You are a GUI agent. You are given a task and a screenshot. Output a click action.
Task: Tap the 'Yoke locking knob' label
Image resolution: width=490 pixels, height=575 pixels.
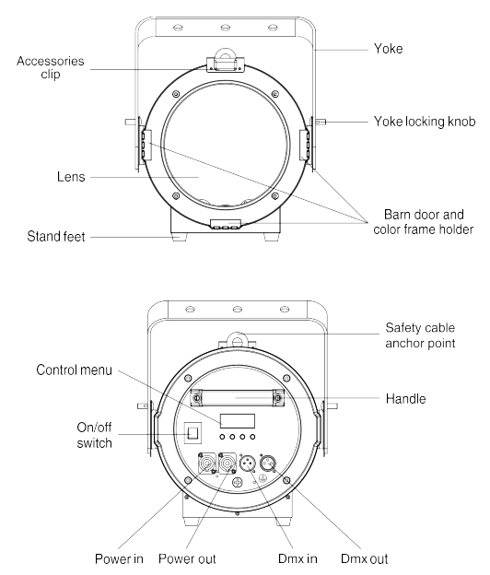[415, 121]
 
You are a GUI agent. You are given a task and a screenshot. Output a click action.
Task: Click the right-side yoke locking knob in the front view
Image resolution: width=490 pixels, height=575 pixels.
[323, 121]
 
